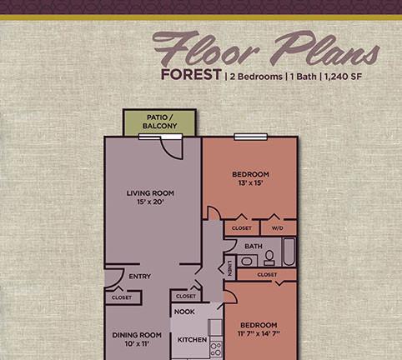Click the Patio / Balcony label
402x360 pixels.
[x=159, y=122]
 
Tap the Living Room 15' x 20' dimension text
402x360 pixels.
[x=150, y=202]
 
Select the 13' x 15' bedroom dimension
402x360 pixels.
[x=250, y=182]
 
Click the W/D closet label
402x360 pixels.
[x=277, y=228]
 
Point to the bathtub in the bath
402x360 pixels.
[x=289, y=252]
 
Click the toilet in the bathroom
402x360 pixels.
[x=269, y=258]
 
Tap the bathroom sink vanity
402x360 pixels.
[x=247, y=261]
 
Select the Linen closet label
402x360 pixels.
[x=229, y=268]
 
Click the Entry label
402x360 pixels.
[x=140, y=277]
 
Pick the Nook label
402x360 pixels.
[x=184, y=312]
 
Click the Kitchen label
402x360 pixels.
[x=193, y=340]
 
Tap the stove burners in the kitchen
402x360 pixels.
[x=216, y=349]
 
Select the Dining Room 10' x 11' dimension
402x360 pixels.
[x=137, y=343]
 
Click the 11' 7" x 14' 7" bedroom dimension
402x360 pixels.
[x=259, y=333]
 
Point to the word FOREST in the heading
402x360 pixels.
[x=191, y=74]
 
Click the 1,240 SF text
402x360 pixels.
[x=343, y=77]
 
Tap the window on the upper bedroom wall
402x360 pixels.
[x=251, y=137]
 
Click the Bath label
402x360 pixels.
[x=254, y=247]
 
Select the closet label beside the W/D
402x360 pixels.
[x=242, y=228]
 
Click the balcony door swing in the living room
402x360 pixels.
[x=173, y=148]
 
